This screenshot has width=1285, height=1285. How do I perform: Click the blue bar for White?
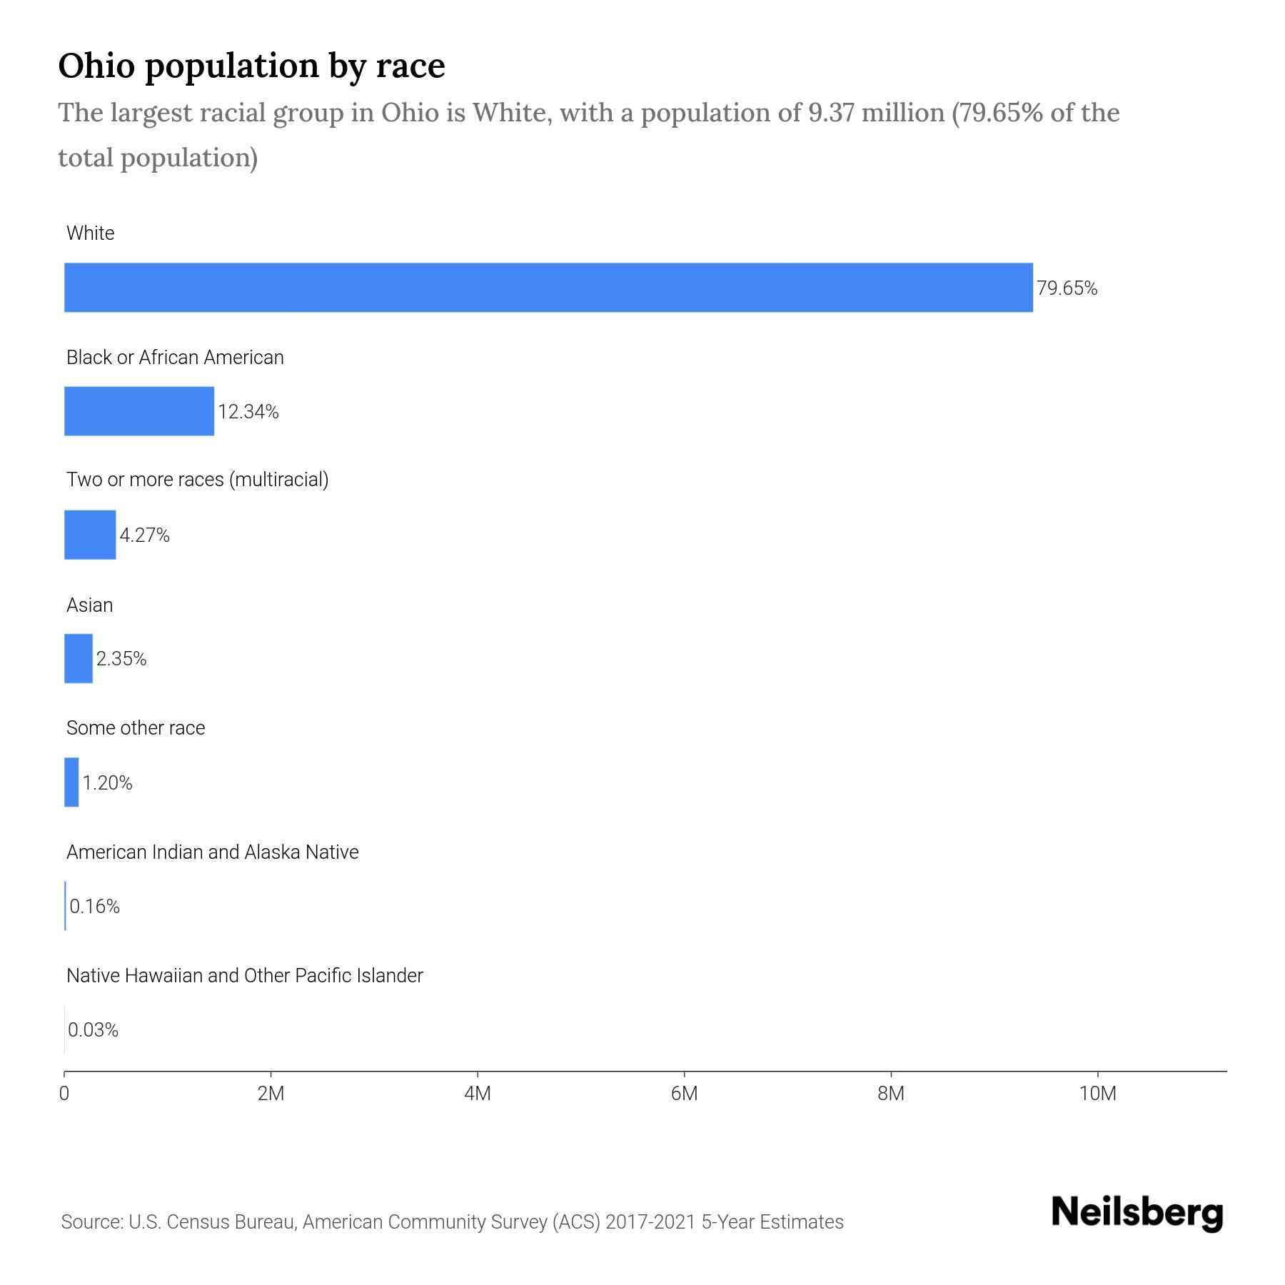[x=548, y=288]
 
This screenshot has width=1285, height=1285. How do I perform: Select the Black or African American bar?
[x=139, y=411]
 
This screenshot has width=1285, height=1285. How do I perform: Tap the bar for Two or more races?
[x=90, y=535]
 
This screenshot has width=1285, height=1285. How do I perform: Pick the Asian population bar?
[x=79, y=658]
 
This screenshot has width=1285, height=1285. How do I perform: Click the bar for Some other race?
[x=71, y=782]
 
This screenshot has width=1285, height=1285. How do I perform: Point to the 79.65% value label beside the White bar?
[x=1067, y=288]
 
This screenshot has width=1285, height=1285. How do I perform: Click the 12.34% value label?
[x=248, y=412]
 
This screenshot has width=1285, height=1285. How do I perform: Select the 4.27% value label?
[x=144, y=535]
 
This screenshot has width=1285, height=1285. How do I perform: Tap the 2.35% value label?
[x=121, y=659]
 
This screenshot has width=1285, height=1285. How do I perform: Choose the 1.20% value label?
[x=107, y=783]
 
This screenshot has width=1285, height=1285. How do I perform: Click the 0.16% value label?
[x=94, y=907]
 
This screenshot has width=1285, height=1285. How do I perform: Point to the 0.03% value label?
[x=93, y=1030]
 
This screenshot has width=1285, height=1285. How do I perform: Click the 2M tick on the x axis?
[x=271, y=1094]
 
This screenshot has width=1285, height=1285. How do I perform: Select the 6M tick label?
[x=684, y=1094]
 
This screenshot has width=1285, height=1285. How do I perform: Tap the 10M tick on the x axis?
[x=1097, y=1094]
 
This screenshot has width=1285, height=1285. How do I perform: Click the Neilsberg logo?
[x=1137, y=1213]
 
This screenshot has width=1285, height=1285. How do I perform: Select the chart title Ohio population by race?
[x=251, y=66]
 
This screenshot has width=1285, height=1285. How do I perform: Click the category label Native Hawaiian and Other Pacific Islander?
[x=244, y=976]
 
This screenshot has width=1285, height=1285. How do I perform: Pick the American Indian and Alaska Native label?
[x=212, y=852]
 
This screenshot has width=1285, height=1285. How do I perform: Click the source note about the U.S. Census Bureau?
[x=452, y=1222]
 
